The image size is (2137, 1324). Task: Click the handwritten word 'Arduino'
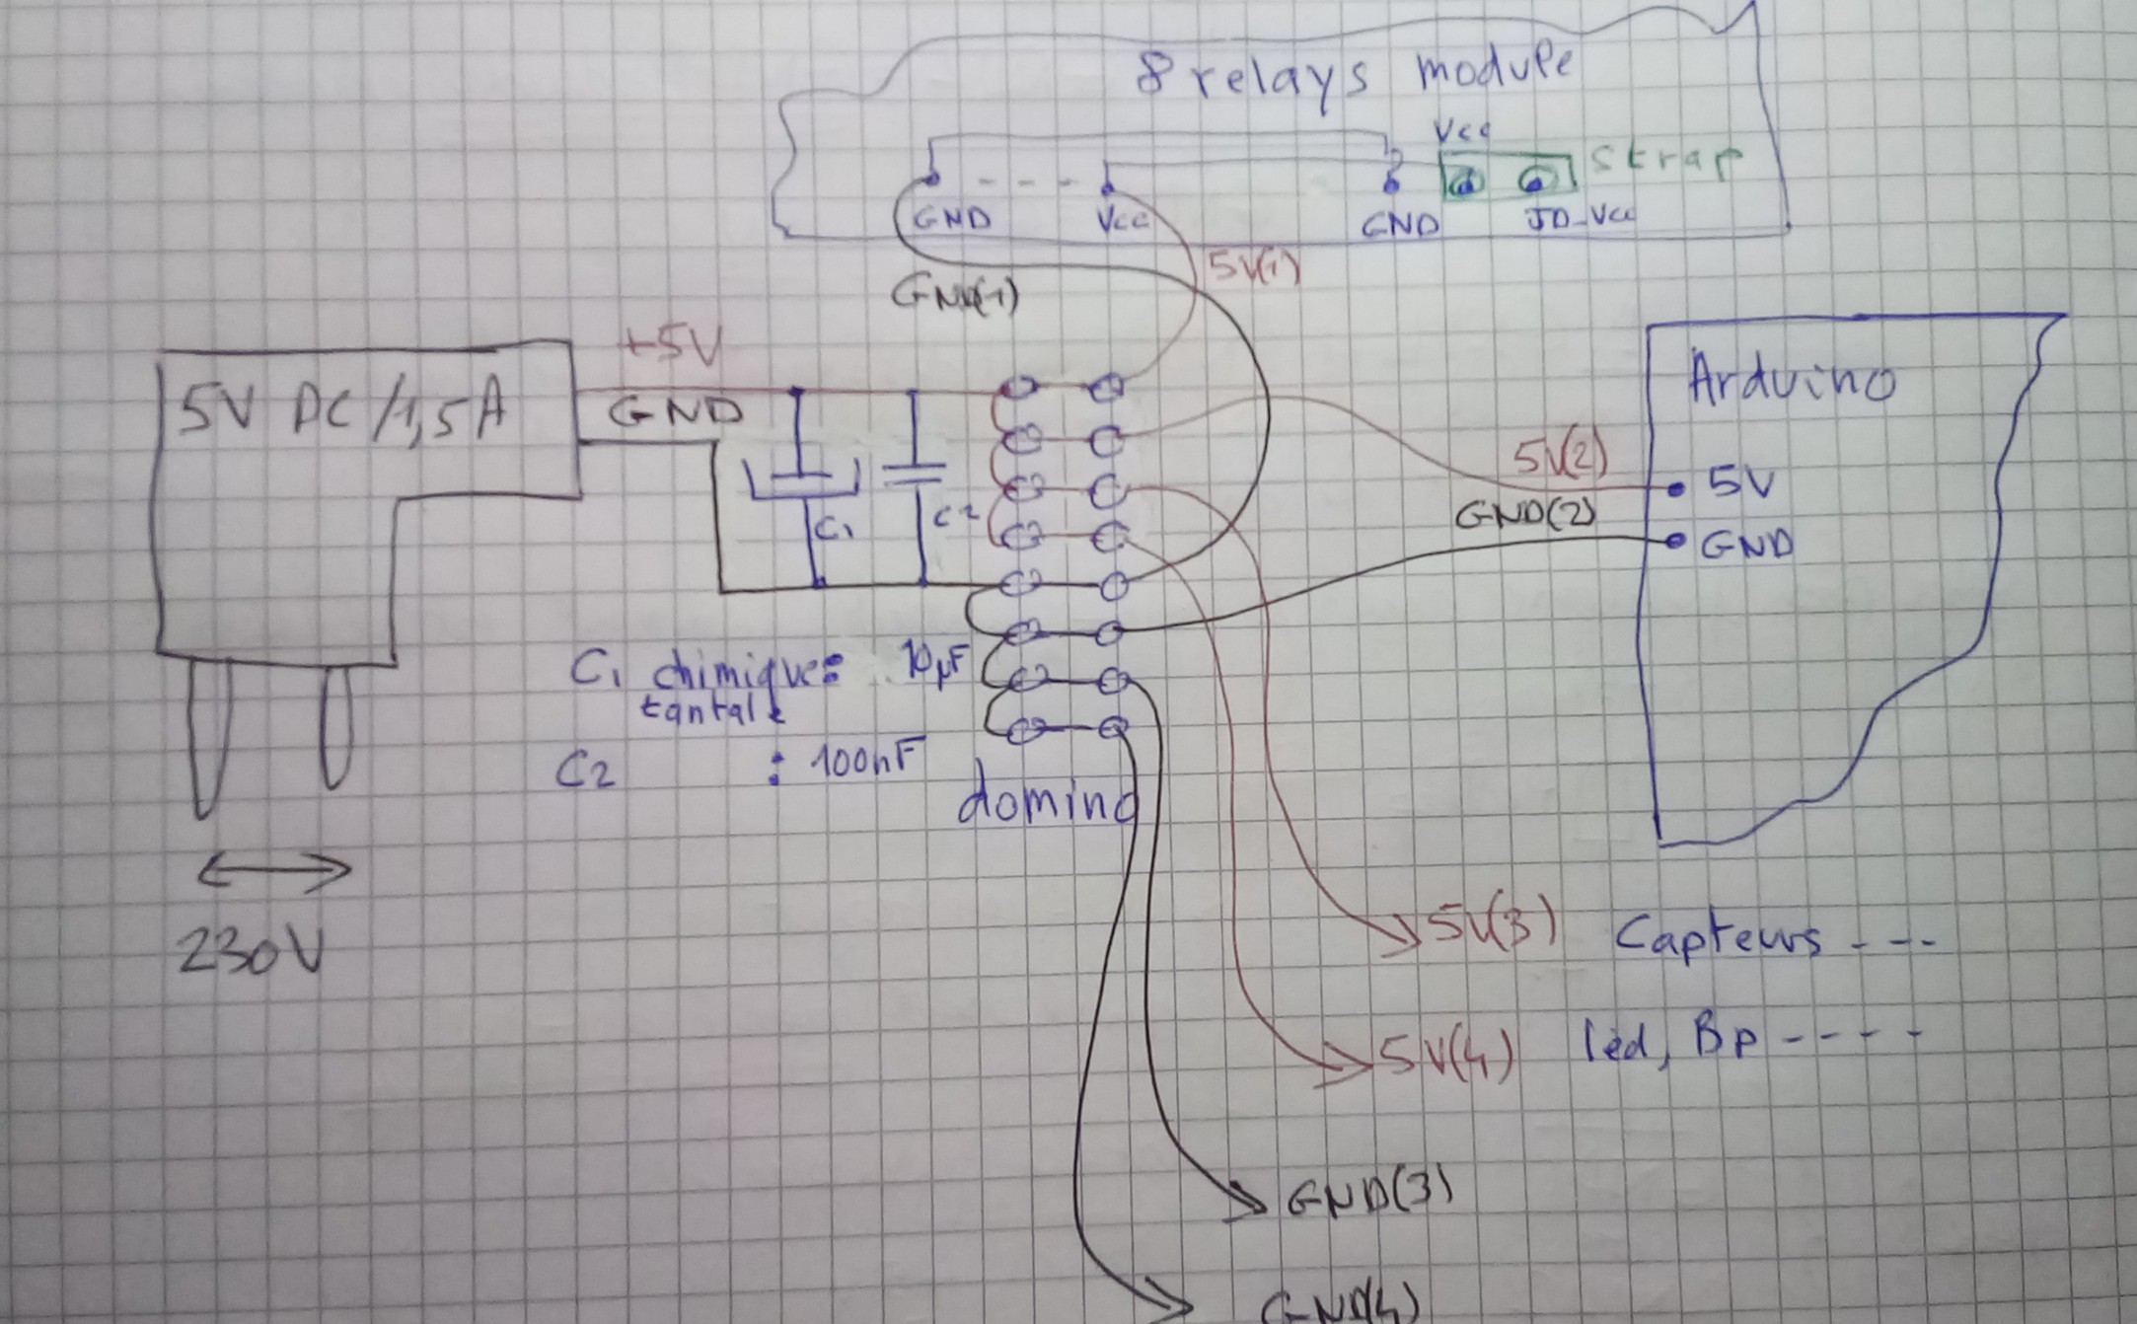(1790, 379)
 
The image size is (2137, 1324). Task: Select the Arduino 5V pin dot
(1674, 488)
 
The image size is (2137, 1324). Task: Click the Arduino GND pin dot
(1673, 541)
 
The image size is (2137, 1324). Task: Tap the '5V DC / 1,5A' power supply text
(341, 412)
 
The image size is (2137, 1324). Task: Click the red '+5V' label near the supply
(671, 348)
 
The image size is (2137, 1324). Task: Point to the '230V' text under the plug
(251, 953)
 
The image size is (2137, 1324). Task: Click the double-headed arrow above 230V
(274, 871)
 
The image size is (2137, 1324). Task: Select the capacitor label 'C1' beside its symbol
(835, 531)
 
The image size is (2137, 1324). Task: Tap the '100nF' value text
(865, 761)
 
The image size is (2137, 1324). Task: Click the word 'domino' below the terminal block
(1046, 803)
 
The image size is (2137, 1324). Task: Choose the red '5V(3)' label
(1494, 928)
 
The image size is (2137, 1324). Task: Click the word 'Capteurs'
(1718, 935)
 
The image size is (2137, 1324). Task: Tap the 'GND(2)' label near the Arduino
(1524, 515)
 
